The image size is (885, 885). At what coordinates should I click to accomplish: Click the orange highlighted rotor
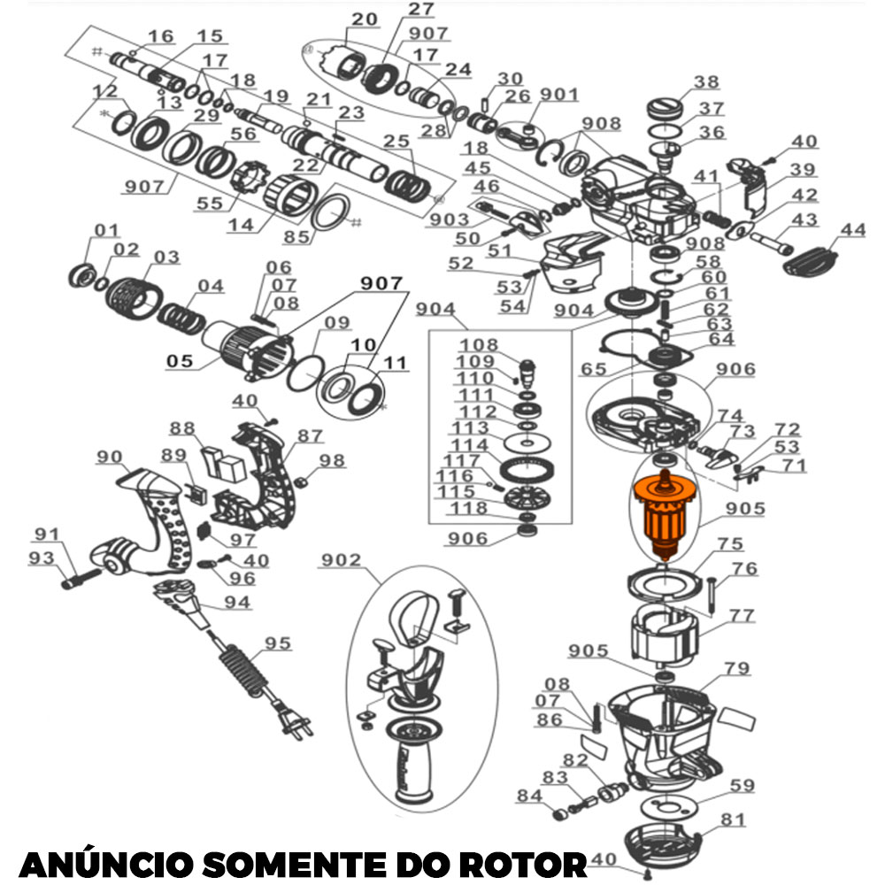tap(663, 516)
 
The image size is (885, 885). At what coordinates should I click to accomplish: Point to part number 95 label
tap(278, 643)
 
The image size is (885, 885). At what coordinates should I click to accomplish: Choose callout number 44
tap(853, 230)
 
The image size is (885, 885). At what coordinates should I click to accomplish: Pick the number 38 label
tap(706, 82)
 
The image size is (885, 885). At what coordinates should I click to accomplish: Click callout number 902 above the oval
tap(341, 560)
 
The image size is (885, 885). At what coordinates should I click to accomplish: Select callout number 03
tap(165, 258)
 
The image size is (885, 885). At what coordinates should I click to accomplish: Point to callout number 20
tap(364, 19)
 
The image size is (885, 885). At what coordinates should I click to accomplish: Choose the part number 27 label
tap(421, 11)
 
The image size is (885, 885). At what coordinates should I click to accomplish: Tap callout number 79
tap(737, 668)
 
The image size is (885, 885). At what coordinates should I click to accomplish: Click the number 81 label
tap(734, 820)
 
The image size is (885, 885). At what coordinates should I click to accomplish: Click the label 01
tap(106, 231)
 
